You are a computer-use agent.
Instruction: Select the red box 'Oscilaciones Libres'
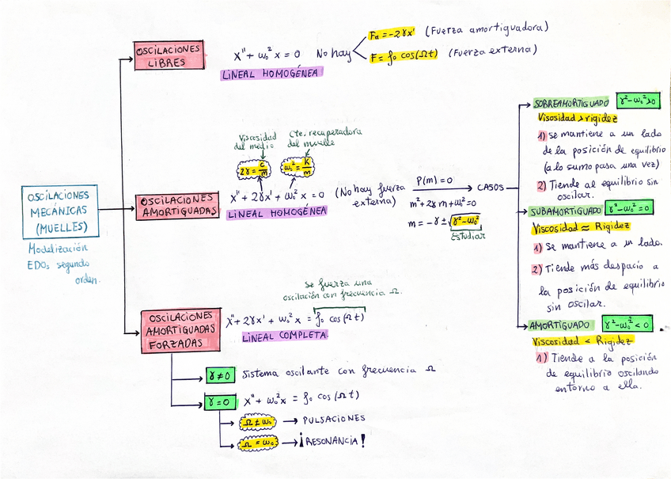(x=168, y=55)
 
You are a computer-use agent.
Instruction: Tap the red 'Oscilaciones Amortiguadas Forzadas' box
(x=181, y=330)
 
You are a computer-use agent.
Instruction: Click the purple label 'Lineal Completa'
(x=286, y=336)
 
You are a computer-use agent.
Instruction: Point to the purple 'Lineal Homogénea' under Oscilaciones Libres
(x=271, y=74)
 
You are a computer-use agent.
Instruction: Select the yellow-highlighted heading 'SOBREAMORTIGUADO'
(x=571, y=103)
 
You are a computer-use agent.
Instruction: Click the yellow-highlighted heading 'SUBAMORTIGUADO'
(x=565, y=211)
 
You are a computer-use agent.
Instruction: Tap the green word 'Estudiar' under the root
(x=468, y=235)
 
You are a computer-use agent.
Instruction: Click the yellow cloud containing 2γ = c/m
(x=254, y=170)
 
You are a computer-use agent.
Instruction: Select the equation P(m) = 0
(x=434, y=181)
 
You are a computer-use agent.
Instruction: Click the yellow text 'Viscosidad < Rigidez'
(x=582, y=341)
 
